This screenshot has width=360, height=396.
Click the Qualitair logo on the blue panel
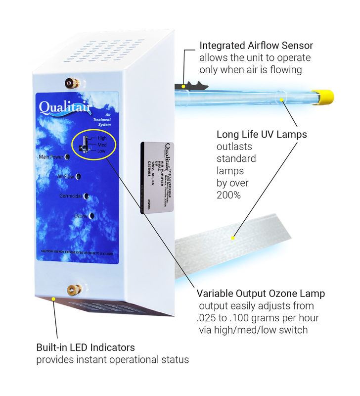coord(62,107)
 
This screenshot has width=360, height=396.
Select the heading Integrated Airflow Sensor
coord(256,46)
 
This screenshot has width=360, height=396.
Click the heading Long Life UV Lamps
coord(261,135)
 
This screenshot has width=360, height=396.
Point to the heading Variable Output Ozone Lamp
coord(261,294)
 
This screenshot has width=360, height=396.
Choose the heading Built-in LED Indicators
coord(85,347)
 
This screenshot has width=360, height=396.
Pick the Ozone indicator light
coord(92,216)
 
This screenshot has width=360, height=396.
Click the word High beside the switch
coord(101,138)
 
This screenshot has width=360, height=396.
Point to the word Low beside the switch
coord(101,150)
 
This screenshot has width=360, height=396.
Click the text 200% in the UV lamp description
coord(228,195)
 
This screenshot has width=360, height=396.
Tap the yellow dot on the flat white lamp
coord(233,239)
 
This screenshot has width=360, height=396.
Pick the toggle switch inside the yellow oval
coord(86,144)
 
